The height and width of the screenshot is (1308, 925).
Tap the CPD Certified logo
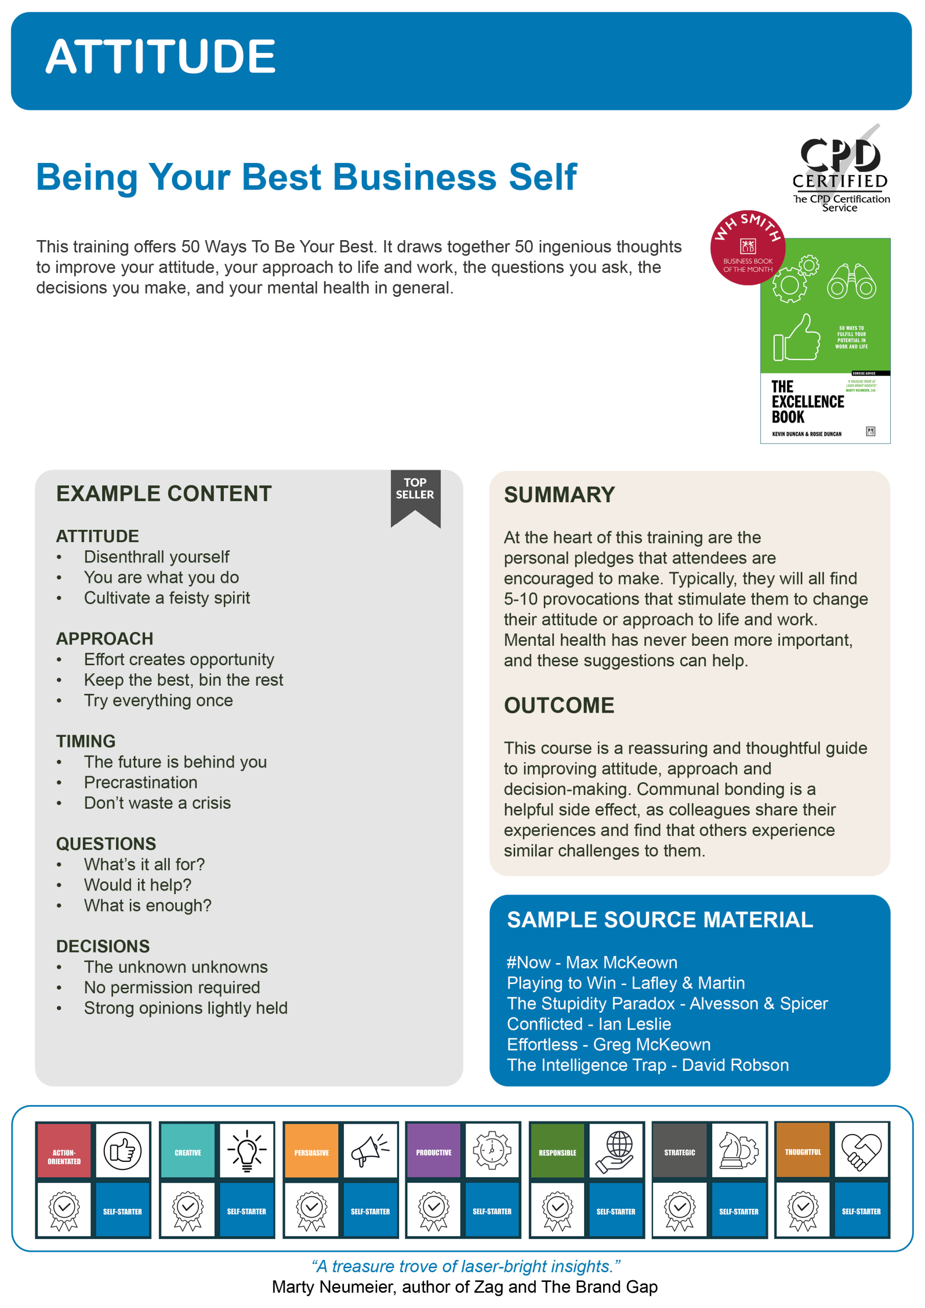840,168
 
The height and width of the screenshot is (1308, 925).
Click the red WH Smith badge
747,248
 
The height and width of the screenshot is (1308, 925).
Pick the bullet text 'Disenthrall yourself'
156,556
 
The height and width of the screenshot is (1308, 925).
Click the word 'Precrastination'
140,782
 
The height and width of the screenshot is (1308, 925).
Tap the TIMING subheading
85,741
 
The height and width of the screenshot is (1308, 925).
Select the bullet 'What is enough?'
147,905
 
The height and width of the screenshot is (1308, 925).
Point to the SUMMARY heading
559,495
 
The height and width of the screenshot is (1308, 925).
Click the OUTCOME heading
559,705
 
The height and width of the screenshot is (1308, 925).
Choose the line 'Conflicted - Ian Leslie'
589,1024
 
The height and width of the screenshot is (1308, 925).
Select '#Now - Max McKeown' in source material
592,962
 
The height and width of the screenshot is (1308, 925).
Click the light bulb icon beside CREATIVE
247,1150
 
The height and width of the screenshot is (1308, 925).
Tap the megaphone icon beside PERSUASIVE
370,1150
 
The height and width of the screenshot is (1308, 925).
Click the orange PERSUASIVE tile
311,1151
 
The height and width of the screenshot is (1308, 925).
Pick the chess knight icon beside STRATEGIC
738,1150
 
